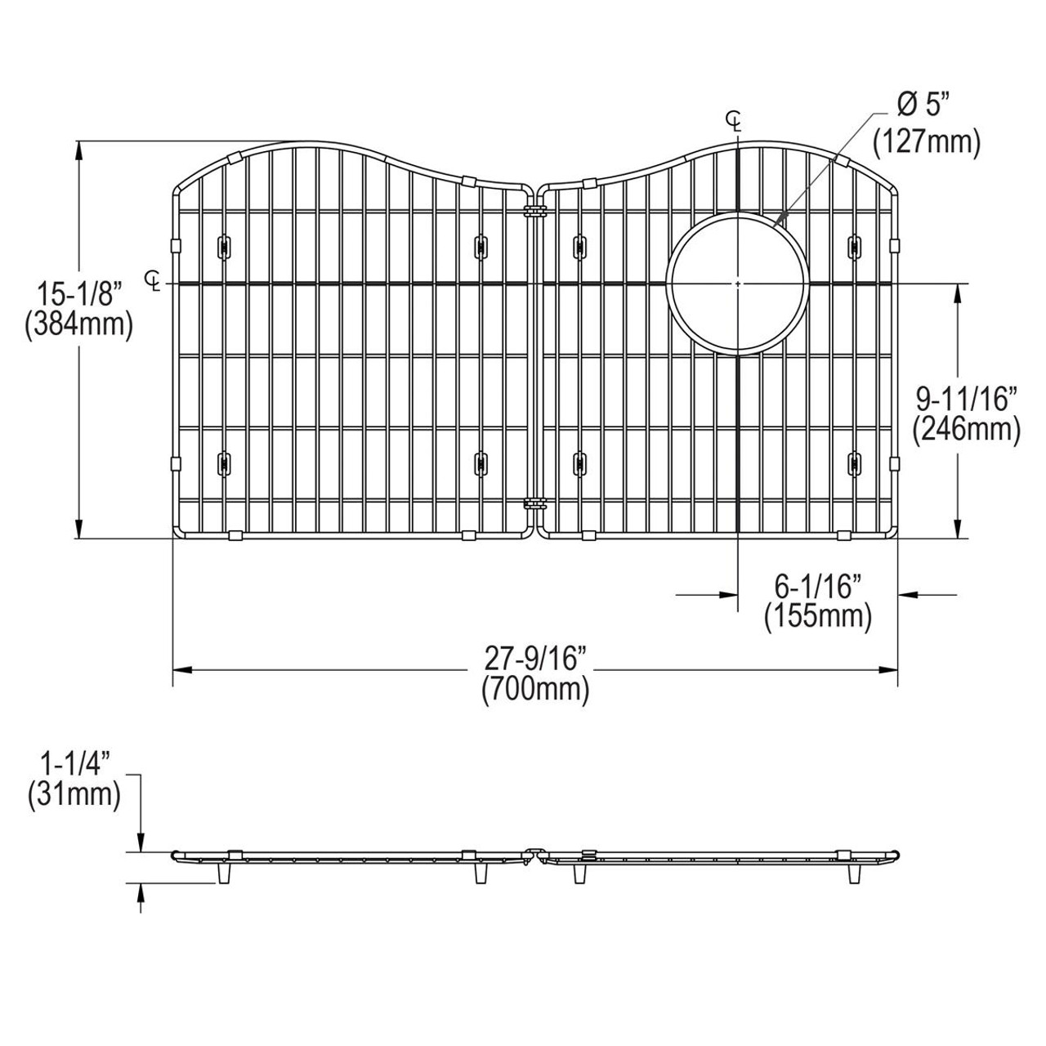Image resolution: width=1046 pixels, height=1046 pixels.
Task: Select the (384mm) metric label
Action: (78, 324)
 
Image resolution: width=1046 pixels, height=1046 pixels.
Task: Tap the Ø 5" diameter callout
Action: (926, 105)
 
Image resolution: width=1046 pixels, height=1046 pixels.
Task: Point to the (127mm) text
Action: (926, 141)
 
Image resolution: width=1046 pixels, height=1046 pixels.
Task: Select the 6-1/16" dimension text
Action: (818, 586)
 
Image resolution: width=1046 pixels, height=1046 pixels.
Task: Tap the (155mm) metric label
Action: (818, 615)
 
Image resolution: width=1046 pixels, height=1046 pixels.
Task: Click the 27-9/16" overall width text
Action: (536, 658)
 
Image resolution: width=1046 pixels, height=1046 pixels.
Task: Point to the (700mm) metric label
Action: (536, 690)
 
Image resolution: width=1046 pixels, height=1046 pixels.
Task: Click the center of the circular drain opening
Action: (738, 284)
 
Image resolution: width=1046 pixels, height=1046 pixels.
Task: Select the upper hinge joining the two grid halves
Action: (536, 212)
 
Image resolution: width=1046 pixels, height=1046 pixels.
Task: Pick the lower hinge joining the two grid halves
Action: (536, 504)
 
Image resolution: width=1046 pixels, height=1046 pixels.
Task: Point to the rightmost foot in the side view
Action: (855, 874)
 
